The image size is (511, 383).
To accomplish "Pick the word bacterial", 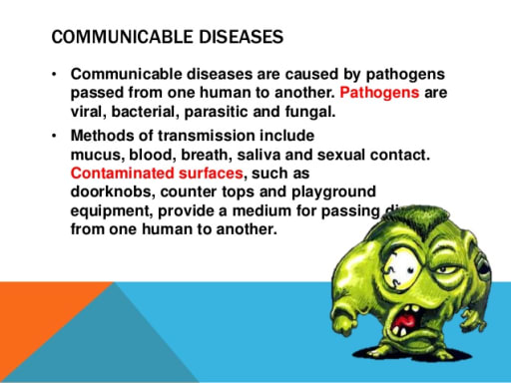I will coord(147,111).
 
